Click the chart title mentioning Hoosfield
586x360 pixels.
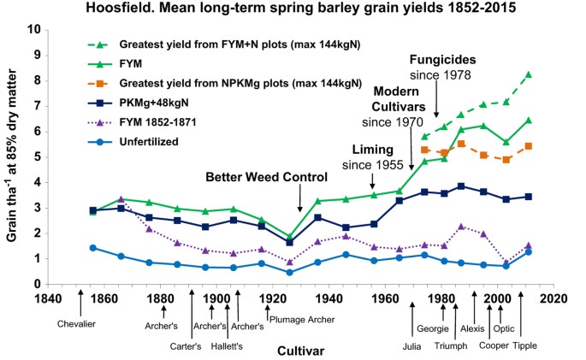pos(293,9)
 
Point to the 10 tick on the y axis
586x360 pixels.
pos(33,29)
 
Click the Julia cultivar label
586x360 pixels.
pos(412,345)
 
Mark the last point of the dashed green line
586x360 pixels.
pos(552,75)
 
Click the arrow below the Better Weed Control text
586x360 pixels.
pos(300,198)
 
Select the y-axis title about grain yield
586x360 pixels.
pos(12,156)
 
